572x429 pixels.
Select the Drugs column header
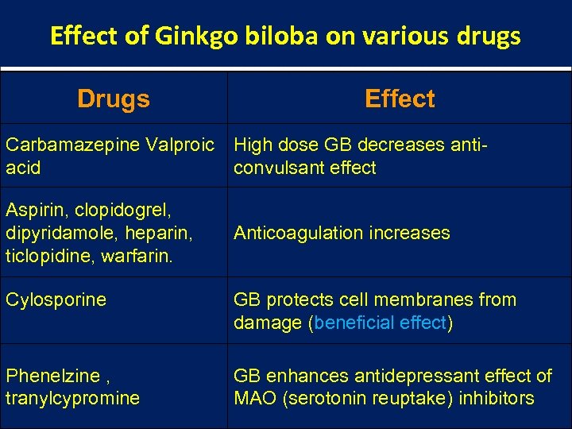pos(114,99)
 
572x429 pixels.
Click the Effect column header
pos(400,99)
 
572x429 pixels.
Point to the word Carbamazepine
pos(73,145)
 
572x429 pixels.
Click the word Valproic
pos(180,145)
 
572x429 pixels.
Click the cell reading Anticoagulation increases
pos(342,233)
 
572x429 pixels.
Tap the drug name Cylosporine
pos(56,300)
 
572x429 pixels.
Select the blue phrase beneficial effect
pos(381,323)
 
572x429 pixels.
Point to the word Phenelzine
pos(52,376)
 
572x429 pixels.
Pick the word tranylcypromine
pos(72,398)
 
